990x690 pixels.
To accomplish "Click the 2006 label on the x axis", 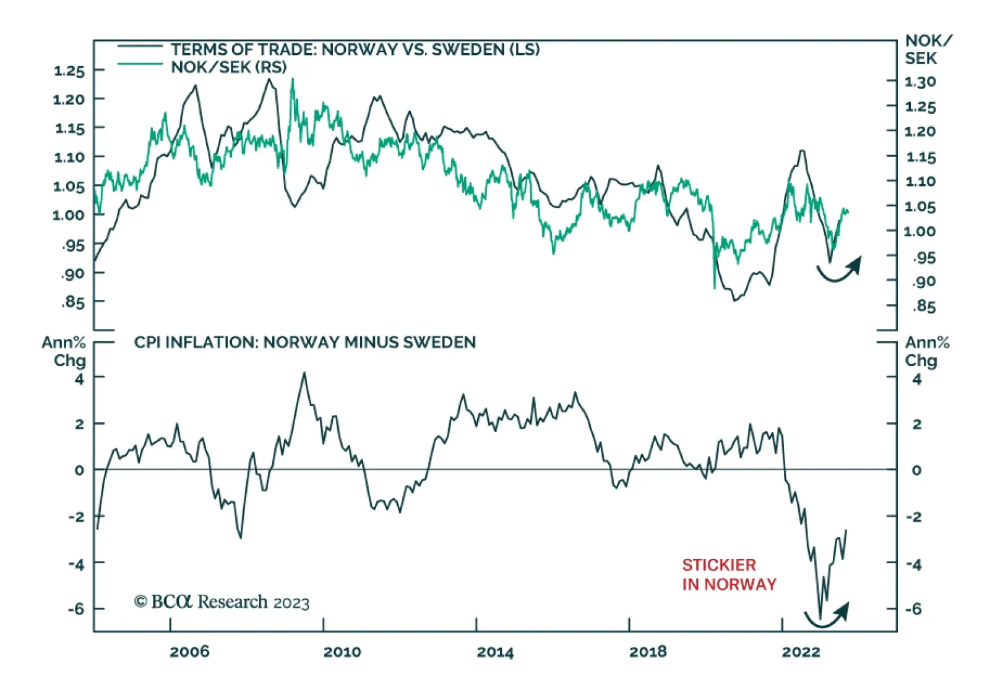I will pos(189,652).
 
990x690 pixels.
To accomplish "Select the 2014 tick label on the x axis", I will pos(495,652).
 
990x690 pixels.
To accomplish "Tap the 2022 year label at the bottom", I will pos(801,652).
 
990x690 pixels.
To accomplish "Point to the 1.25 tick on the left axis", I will pos(69,70).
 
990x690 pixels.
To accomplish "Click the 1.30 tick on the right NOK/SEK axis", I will pos(920,82).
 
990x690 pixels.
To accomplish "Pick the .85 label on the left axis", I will pos(73,302).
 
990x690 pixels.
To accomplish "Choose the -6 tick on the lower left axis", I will pos(76,609).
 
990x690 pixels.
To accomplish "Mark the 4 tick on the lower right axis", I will pos(917,378).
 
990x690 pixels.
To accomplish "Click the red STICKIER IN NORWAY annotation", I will pos(729,574).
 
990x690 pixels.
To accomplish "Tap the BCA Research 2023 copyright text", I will pos(222,602).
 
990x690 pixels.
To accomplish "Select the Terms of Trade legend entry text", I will pos(355,49).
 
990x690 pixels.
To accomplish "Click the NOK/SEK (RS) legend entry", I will pos(229,67).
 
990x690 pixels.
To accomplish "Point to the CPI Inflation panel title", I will pos(305,342).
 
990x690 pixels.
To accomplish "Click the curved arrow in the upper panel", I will pos(840,270).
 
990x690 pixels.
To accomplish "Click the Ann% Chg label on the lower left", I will pos(64,351).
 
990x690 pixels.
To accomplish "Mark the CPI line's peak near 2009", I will pos(304,373).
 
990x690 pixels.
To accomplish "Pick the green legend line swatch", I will pos(140,64).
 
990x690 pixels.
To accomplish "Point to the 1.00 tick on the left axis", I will pos(69,215).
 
